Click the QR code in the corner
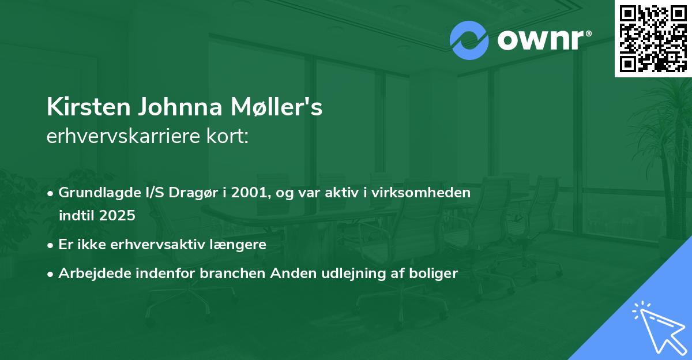[x=653, y=39]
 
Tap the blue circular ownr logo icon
[x=469, y=40]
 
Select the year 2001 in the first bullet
[x=248, y=193]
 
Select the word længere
[x=238, y=245]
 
